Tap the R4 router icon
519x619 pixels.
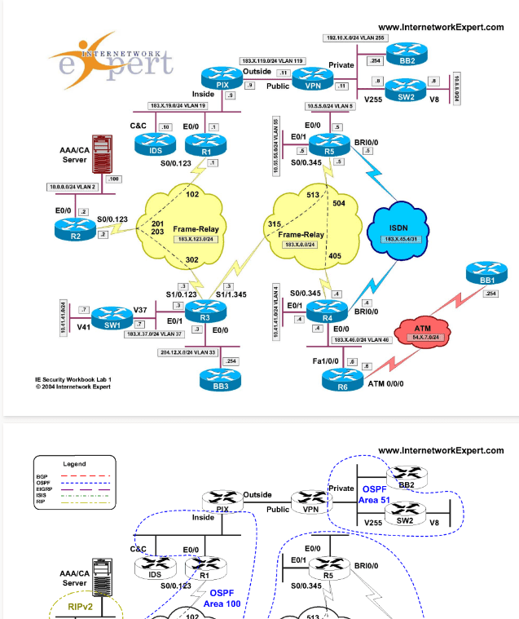pos(328,313)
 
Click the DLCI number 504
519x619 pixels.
pos(339,203)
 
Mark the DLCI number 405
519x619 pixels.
pos(334,256)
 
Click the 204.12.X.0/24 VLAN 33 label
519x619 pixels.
pos(188,352)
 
